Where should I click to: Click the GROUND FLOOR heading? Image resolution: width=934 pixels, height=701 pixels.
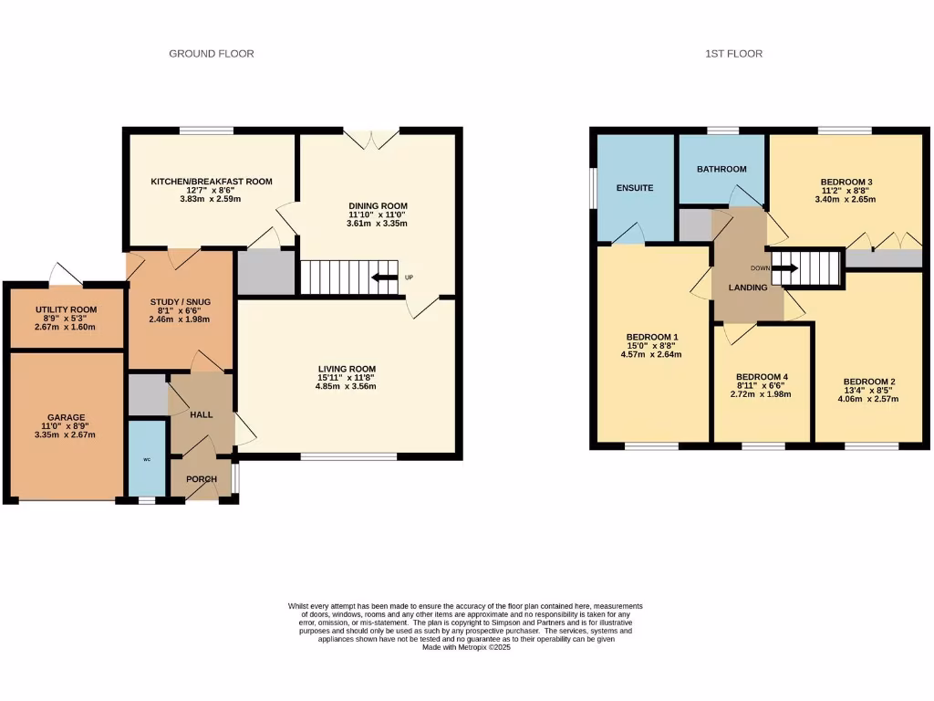(212, 54)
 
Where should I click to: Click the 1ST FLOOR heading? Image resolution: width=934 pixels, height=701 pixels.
(733, 54)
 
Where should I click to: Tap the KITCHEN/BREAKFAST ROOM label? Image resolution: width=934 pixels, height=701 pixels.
(212, 182)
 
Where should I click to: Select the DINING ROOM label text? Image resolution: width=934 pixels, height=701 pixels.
(377, 206)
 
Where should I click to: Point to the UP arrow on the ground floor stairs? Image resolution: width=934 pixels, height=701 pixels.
(384, 277)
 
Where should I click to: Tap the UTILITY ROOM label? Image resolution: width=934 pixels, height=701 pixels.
(65, 310)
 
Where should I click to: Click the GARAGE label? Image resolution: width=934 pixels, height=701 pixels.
(65, 418)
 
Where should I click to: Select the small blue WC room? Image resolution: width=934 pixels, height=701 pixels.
(146, 458)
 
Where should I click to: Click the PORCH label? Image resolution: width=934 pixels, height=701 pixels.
(201, 479)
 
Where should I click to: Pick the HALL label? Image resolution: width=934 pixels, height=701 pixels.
(201, 414)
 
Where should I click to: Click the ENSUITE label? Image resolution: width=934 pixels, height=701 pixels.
(634, 188)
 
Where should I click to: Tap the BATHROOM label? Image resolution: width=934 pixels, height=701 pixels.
(721, 169)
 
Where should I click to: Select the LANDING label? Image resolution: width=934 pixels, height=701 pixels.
(747, 288)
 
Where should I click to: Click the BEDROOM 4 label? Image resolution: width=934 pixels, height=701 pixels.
(762, 377)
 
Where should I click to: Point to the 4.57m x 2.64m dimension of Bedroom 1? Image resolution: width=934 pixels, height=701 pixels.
(651, 355)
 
